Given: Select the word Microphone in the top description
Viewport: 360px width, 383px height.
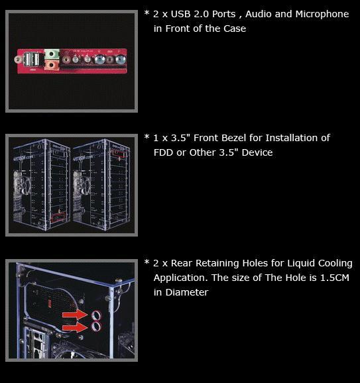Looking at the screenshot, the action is point(322,14).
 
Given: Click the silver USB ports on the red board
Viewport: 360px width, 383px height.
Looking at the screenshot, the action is point(32,60).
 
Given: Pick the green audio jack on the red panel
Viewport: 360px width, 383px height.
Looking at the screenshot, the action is point(52,54).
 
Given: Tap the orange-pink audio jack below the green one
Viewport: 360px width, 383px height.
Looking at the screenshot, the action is point(52,65).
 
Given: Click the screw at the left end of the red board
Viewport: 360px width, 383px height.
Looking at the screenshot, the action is point(18,60).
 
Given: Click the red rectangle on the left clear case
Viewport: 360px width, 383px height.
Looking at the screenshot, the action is point(58,217).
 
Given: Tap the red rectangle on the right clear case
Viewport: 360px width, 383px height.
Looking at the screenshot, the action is point(119,152).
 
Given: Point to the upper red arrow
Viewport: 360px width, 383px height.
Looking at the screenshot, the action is point(75,314).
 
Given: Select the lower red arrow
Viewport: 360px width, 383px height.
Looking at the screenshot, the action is point(75,327).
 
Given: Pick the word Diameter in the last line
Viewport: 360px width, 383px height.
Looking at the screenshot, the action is point(187,292).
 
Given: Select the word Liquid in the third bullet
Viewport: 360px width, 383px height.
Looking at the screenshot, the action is point(300,264).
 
